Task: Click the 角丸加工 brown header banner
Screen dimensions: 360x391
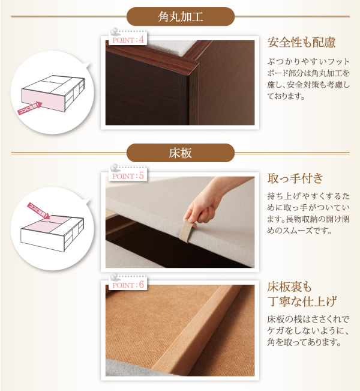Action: [181, 17]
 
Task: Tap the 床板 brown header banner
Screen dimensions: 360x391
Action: [181, 153]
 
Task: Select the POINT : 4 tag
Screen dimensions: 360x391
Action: [128, 40]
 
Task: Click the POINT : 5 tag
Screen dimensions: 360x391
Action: [128, 175]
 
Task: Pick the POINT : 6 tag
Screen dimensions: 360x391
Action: [128, 284]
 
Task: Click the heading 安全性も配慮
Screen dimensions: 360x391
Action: [301, 43]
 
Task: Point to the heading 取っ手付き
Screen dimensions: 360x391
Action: [295, 178]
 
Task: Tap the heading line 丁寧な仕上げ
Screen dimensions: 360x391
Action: [302, 301]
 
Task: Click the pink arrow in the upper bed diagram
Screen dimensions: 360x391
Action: [30, 108]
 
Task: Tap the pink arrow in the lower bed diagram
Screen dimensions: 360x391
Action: [38, 211]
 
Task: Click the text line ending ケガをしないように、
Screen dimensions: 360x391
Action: [308, 330]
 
